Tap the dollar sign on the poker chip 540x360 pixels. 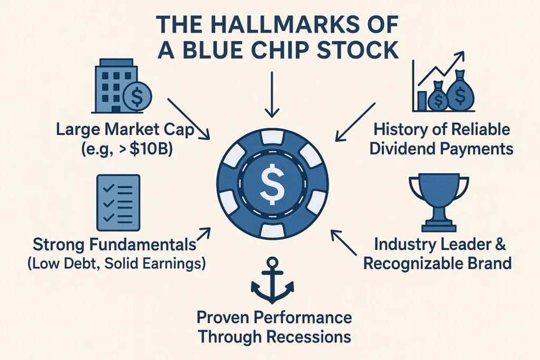point(272,181)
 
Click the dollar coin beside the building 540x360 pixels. point(136,97)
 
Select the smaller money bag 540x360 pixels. point(438,98)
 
